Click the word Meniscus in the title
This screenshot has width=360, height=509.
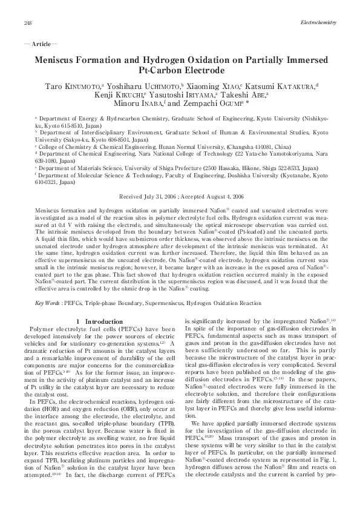pyautogui.click(x=59, y=61)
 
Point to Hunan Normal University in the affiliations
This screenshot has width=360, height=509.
pyautogui.click(x=192, y=146)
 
